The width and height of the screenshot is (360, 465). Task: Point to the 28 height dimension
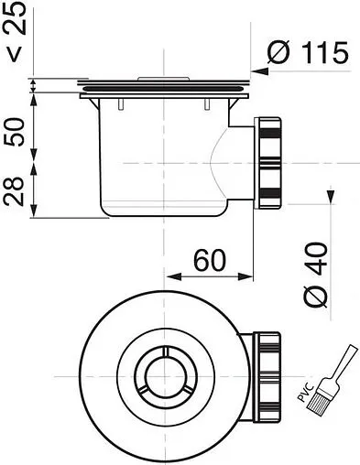pos(15,192)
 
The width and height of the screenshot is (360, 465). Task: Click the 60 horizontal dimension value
pos(212,262)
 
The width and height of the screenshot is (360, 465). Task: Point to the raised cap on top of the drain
pos(166,81)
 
